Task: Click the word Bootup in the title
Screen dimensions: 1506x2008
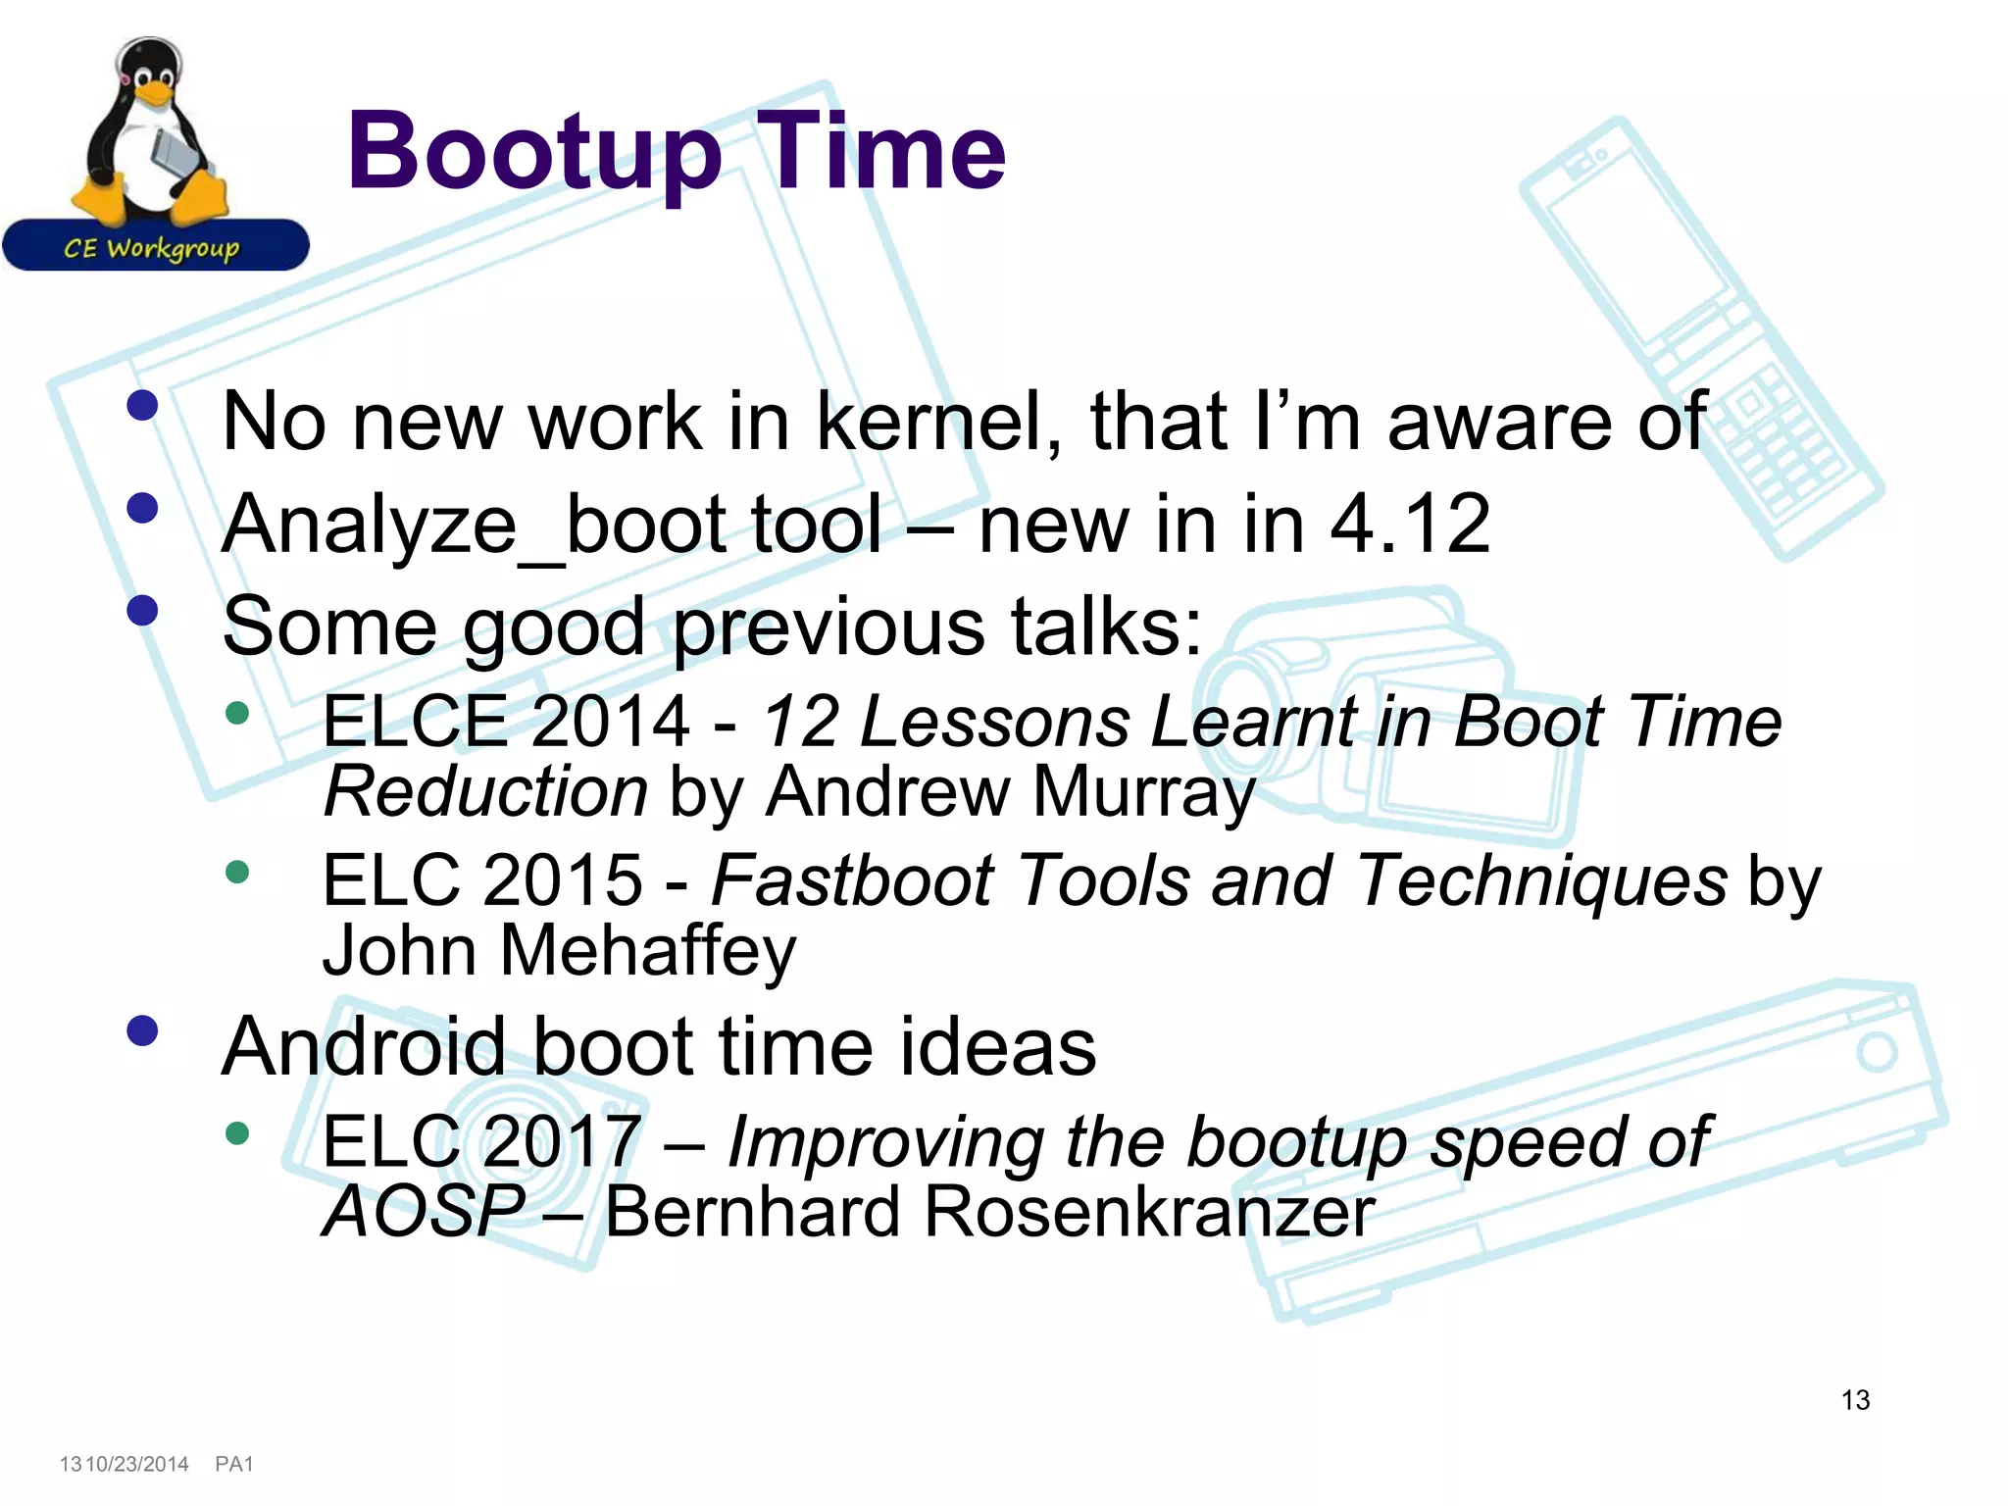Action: point(534,152)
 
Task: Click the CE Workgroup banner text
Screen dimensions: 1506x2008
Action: point(152,247)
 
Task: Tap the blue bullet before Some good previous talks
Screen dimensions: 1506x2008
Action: point(143,611)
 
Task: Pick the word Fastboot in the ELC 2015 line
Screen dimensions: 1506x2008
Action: point(853,880)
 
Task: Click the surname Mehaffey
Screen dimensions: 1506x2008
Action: point(647,951)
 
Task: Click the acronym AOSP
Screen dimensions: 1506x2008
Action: point(424,1212)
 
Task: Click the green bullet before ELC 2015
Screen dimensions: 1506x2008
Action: point(237,872)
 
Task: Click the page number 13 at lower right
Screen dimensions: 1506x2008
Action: point(1855,1400)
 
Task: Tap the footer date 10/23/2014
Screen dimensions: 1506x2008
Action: point(137,1464)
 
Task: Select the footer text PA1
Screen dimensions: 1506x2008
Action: point(234,1464)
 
